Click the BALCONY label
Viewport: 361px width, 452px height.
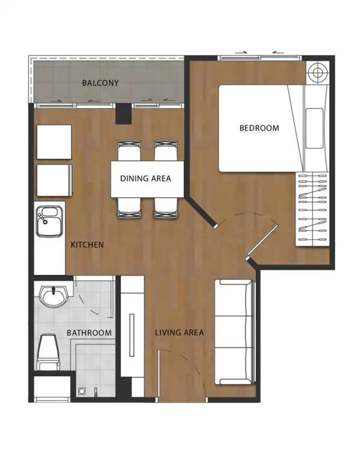pyautogui.click(x=100, y=83)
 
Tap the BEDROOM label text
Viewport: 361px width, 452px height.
pyautogui.click(x=259, y=128)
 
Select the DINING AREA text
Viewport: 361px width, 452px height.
pyautogui.click(x=146, y=179)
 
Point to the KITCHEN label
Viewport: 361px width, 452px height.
pyautogui.click(x=87, y=245)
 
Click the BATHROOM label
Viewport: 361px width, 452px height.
pyautogui.click(x=89, y=333)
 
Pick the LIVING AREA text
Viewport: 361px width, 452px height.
pyautogui.click(x=179, y=332)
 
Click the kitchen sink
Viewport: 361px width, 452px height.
pyautogui.click(x=49, y=221)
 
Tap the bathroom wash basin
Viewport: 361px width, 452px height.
pyautogui.click(x=54, y=297)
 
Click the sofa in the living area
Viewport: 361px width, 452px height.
pyautogui.click(x=235, y=332)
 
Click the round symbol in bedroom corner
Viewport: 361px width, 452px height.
pyautogui.click(x=318, y=73)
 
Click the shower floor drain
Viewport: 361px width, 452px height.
pyautogui.click(x=82, y=391)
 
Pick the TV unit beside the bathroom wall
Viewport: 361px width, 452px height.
pyautogui.click(x=132, y=326)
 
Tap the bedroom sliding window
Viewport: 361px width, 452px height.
pyautogui.click(x=260, y=58)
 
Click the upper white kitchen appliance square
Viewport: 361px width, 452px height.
pyautogui.click(x=54, y=142)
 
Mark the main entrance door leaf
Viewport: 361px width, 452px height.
pyautogui.click(x=159, y=375)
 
